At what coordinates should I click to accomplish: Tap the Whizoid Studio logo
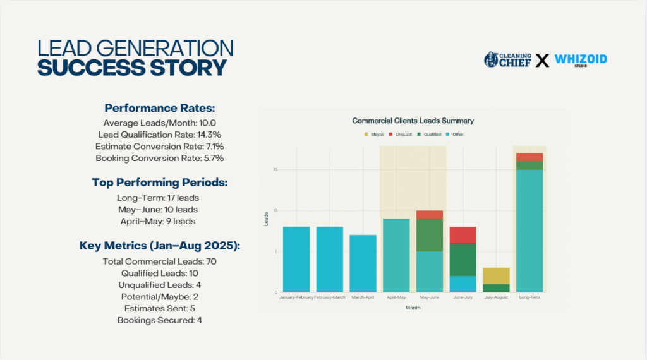581,61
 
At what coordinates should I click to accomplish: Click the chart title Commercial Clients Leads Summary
413,121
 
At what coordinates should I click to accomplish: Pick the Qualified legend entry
430,135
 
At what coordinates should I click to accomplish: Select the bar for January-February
296,259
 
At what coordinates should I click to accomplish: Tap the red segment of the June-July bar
463,235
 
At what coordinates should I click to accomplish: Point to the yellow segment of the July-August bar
496,275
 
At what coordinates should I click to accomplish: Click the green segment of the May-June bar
430,235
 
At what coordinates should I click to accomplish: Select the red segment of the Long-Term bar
529,157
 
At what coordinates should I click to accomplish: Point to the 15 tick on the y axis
275,169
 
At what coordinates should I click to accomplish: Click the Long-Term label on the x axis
529,297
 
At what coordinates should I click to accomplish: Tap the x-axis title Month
413,308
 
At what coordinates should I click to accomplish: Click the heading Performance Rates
159,108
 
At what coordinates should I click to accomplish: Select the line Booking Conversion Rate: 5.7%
159,158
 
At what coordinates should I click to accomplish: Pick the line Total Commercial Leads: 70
159,261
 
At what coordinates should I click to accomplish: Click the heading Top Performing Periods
159,183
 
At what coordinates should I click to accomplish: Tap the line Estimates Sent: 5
159,308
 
